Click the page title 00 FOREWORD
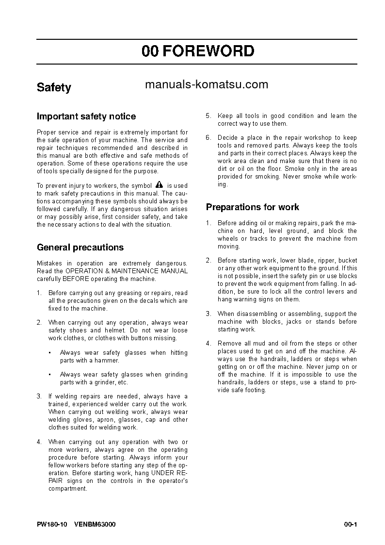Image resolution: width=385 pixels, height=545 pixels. pos(197,51)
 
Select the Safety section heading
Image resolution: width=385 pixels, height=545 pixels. pos(54,87)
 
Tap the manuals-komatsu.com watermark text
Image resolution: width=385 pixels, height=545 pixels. pos(207,84)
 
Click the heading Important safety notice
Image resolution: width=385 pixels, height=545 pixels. pos(86,116)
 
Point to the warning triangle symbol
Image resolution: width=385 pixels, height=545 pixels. pos(160,185)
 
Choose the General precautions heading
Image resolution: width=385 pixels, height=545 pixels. pos(80,248)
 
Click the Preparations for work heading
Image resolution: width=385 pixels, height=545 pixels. pos(252,207)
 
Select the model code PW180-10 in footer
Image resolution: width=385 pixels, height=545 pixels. pos(52,525)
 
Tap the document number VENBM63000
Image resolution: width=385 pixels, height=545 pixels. pos(95,525)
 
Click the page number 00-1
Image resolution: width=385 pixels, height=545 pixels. pos(350,525)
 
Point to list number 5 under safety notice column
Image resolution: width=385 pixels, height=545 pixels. pos(208,116)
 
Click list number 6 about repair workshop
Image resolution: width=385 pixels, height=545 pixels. pos(208,138)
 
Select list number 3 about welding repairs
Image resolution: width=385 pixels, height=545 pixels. pos(39,396)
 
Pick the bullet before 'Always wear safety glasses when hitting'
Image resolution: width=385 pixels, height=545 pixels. pos(50,353)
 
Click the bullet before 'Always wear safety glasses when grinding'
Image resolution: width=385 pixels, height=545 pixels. pos(50,375)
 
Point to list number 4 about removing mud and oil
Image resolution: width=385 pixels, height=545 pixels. pos(208,344)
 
